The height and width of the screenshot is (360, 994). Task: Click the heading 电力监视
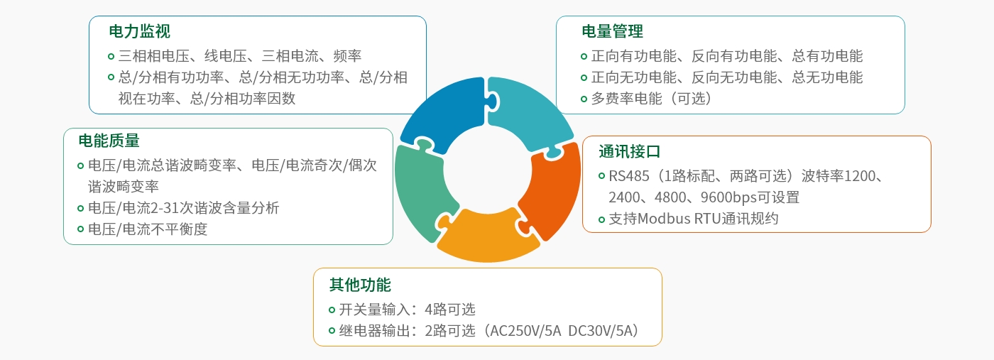[x=139, y=32]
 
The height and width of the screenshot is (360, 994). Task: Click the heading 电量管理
[x=612, y=32]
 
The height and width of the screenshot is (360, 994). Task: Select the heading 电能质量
[x=109, y=141]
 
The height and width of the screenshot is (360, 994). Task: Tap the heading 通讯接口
[x=629, y=151]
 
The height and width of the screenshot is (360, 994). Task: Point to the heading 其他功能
[x=360, y=285]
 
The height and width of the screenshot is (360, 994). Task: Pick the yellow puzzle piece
[x=487, y=238]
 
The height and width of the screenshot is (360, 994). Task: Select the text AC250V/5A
[x=525, y=330]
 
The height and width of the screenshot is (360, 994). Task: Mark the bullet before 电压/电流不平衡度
[x=80, y=229]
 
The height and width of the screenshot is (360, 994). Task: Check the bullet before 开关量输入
[x=332, y=310]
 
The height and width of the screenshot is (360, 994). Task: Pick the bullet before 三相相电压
[x=111, y=55]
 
